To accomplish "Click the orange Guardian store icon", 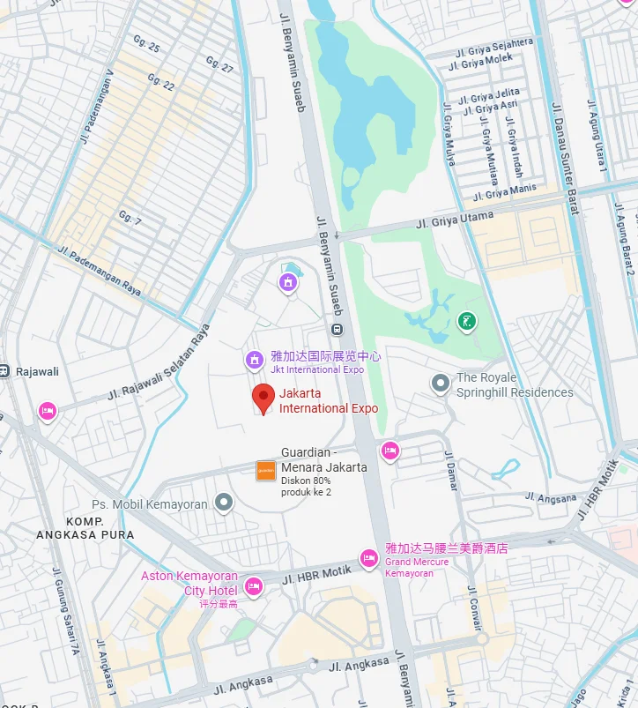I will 266,471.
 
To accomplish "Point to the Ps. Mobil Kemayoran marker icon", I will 225,503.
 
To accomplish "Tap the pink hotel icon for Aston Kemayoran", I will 254,586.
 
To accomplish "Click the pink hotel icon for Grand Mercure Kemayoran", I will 369,558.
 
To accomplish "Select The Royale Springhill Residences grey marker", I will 440,384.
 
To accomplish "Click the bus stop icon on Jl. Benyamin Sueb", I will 337,329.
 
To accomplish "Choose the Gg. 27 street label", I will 219,64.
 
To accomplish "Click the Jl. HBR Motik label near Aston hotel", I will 316,575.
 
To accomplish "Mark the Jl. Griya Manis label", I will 504,191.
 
